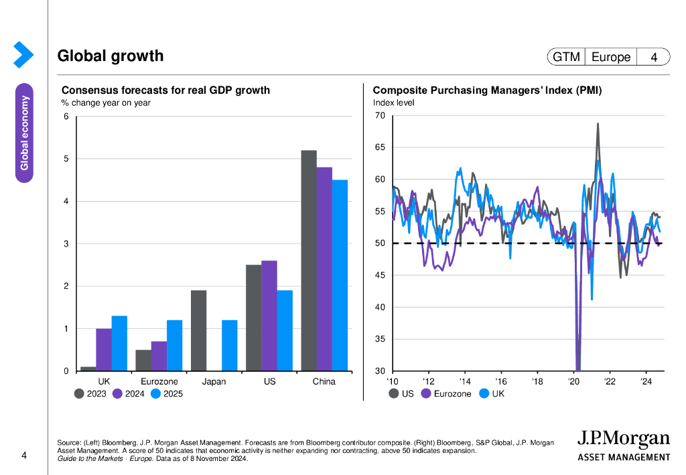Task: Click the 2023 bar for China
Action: click(x=309, y=261)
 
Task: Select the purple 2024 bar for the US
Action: click(x=269, y=316)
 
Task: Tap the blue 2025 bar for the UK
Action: click(x=119, y=343)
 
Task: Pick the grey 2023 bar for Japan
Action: click(x=198, y=330)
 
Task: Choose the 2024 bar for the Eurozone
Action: click(x=159, y=356)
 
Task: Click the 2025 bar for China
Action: click(x=340, y=275)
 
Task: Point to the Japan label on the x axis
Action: click(x=214, y=382)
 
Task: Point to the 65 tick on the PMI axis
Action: click(x=380, y=147)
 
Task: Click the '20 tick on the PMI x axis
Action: click(x=574, y=382)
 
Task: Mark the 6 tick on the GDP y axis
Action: click(x=66, y=117)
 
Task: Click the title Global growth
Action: click(x=111, y=56)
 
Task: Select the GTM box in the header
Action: click(x=566, y=58)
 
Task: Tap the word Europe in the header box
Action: click(x=611, y=58)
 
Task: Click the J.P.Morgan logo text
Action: click(x=623, y=440)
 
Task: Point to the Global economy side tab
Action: click(x=25, y=132)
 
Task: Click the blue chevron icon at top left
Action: click(x=23, y=55)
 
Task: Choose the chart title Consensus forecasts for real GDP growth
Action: click(x=165, y=90)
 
